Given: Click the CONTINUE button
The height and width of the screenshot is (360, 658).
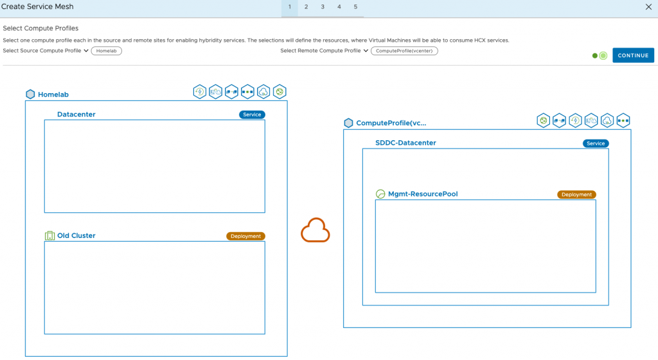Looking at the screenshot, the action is click(x=633, y=55).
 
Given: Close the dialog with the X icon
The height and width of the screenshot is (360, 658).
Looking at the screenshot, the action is click(x=648, y=7).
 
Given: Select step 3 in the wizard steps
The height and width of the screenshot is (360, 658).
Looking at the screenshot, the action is click(x=323, y=7).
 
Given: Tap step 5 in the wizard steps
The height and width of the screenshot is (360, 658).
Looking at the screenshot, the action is click(x=355, y=7).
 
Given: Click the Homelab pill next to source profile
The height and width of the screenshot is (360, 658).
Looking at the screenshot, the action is click(x=106, y=51).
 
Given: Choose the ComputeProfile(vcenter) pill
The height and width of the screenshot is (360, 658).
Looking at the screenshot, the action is click(x=404, y=51).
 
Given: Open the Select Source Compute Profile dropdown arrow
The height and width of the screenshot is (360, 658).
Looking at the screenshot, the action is click(x=86, y=51).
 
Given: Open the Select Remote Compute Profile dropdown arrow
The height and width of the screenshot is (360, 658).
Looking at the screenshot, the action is click(x=366, y=51).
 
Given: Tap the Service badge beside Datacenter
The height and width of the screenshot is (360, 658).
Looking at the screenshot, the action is click(x=252, y=114).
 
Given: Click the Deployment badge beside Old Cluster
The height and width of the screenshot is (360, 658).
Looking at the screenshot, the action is click(x=245, y=236).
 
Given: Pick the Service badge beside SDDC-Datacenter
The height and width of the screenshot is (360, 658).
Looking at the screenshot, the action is click(x=596, y=143).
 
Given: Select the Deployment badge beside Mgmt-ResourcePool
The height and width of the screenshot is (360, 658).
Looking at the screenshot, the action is click(x=576, y=195).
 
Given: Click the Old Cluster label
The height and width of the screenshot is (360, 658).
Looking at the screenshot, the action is click(x=76, y=236).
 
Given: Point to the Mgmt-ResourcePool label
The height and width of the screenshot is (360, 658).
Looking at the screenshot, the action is click(x=423, y=194).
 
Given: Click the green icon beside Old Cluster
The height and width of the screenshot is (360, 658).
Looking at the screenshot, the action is click(x=49, y=236).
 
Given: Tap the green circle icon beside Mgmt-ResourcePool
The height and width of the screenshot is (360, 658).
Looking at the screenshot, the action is click(x=380, y=194).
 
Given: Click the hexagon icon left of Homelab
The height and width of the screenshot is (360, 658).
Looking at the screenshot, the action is click(x=30, y=94).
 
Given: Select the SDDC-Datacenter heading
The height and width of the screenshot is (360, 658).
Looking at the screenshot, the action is click(x=405, y=143).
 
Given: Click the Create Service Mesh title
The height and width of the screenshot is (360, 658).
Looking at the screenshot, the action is click(x=37, y=6).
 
